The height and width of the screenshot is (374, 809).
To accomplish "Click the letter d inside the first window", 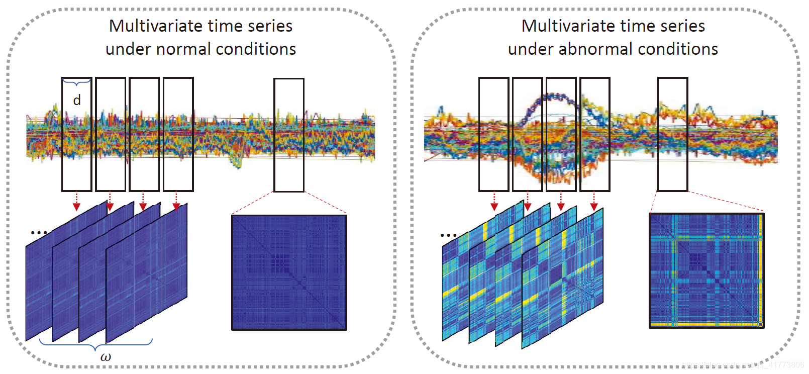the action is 77,101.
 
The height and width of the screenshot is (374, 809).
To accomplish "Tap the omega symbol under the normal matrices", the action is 106,357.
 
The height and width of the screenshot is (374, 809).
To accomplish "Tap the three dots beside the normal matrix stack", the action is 39,233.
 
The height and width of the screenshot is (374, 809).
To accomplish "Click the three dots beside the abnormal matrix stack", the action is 448,235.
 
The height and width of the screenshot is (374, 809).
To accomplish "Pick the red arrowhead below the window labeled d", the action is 76,207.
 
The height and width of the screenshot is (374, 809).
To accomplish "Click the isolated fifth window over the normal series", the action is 289,135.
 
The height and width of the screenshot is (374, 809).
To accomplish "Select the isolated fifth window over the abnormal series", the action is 672,134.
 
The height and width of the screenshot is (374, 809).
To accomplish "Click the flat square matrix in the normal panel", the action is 289,272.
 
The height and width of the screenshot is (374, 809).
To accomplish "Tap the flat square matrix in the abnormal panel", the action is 706,270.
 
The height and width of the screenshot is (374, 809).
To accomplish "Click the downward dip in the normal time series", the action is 237,161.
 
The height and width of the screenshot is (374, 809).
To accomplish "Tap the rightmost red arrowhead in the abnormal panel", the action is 594,207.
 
